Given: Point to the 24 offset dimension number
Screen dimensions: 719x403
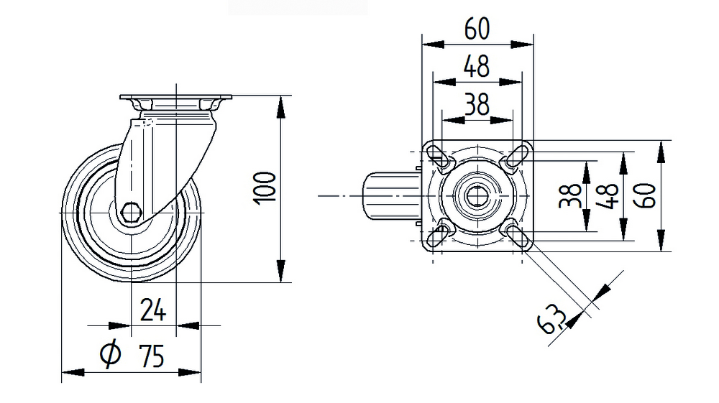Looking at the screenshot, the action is coord(152,310).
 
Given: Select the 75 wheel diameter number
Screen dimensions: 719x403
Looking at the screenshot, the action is coord(151,356).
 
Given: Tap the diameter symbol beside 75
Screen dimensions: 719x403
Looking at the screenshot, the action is coord(110,353).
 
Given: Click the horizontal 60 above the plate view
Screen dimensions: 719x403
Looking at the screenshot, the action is coord(477,29).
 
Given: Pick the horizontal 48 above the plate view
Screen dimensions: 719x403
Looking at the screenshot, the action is coord(477,66).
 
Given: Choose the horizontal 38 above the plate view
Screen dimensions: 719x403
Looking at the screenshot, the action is coord(477,104).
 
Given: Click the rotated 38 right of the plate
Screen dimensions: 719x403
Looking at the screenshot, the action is coord(570,196).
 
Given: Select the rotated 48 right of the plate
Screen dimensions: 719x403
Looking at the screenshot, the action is coord(608,196).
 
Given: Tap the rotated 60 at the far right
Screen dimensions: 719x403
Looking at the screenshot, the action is coord(646,196).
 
